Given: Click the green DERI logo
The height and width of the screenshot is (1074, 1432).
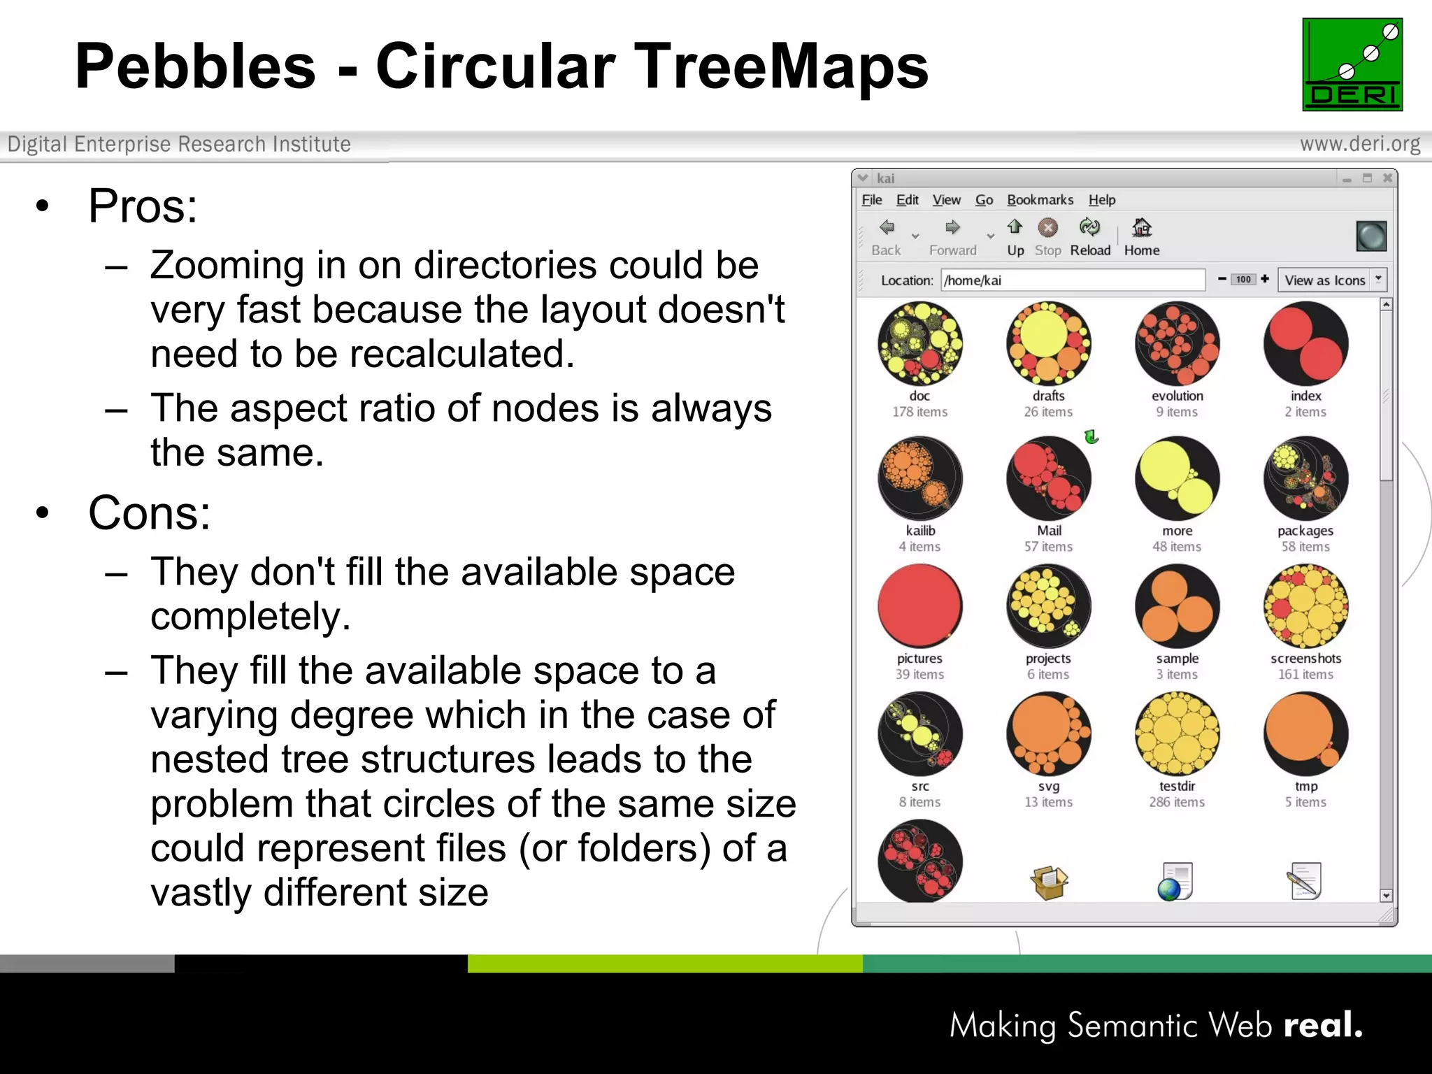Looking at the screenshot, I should pyautogui.click(x=1352, y=64).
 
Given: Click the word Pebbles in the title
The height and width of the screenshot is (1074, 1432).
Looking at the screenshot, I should pyautogui.click(x=196, y=66).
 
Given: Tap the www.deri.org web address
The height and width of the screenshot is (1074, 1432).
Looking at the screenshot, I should pyautogui.click(x=1359, y=144).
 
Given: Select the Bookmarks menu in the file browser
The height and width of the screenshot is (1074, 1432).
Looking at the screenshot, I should pyautogui.click(x=1039, y=200).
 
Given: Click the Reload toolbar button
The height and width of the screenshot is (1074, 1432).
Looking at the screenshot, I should pyautogui.click(x=1089, y=236).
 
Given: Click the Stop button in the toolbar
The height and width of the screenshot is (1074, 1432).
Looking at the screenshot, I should pyautogui.click(x=1047, y=236).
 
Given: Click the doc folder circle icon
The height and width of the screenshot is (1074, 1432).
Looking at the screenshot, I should pyautogui.click(x=919, y=343).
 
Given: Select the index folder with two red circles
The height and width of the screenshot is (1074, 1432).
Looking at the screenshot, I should pyautogui.click(x=1305, y=343).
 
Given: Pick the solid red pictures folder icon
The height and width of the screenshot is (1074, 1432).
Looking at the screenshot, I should pyautogui.click(x=919, y=606).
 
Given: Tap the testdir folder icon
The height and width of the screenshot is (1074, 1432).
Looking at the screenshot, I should pyautogui.click(x=1177, y=733).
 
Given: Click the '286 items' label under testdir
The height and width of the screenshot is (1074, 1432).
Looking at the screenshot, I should pyautogui.click(x=1177, y=802).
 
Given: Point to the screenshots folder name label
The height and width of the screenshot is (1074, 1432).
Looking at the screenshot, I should pyautogui.click(x=1305, y=659).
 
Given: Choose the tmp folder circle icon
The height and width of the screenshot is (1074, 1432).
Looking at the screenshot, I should pyautogui.click(x=1305, y=733).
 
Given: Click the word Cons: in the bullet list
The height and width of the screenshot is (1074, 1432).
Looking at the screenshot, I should pyautogui.click(x=149, y=513).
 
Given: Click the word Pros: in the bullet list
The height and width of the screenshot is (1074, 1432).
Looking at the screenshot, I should pyautogui.click(x=143, y=206).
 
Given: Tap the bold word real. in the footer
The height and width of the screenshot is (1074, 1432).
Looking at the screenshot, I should pyautogui.click(x=1323, y=1025).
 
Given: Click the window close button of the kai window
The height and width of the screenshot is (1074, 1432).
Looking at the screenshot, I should pyautogui.click(x=1387, y=178).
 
